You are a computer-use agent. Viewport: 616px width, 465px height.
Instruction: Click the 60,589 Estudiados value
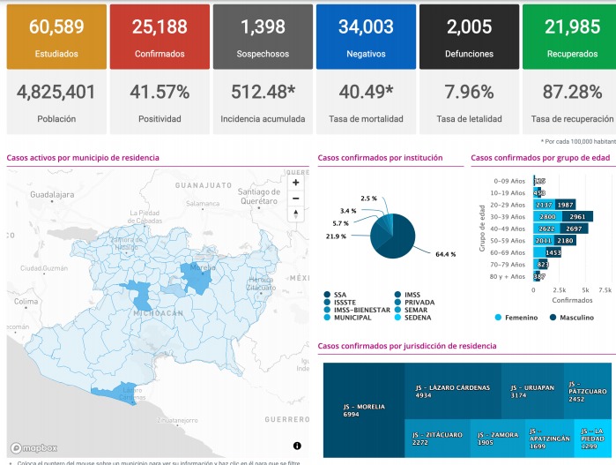click(56, 27)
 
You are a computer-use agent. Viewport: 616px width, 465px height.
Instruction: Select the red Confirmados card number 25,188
click(160, 27)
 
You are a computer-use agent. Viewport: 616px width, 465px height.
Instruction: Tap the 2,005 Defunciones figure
click(469, 27)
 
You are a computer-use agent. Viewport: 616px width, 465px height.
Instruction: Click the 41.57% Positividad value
click(160, 92)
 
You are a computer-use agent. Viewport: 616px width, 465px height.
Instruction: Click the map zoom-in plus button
click(295, 183)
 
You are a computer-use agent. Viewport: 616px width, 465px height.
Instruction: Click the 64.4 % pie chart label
click(445, 254)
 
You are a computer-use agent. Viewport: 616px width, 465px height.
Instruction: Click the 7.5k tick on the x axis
click(605, 289)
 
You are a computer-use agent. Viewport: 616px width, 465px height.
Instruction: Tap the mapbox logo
click(33, 447)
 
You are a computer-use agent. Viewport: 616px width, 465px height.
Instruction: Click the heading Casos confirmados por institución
click(380, 158)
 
